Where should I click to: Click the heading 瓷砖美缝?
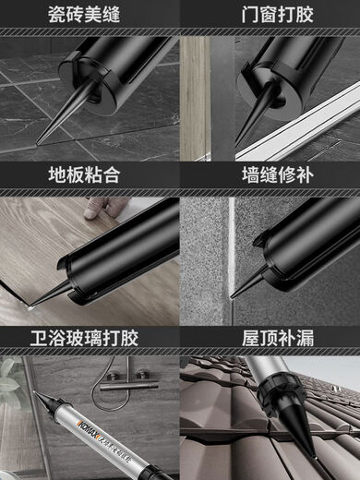point(90,16)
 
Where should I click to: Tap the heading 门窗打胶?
point(270,16)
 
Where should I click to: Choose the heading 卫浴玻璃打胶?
point(90,338)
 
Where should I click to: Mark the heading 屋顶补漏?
point(270,338)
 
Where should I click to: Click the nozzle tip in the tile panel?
point(38,143)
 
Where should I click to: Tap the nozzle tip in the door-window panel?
point(236,142)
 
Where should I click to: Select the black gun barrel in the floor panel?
point(120,254)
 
